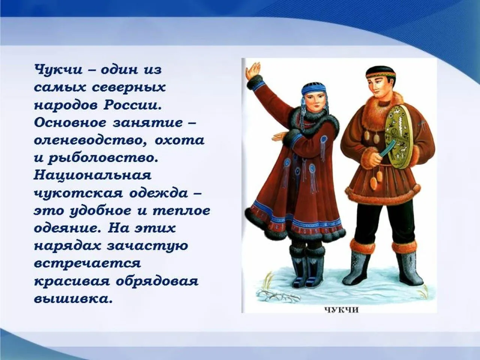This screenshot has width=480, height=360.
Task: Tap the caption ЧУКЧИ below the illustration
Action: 341,310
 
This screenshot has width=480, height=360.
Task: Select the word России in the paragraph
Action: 132,105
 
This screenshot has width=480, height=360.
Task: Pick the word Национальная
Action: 93,175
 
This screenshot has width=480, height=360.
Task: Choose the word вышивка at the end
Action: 73,299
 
